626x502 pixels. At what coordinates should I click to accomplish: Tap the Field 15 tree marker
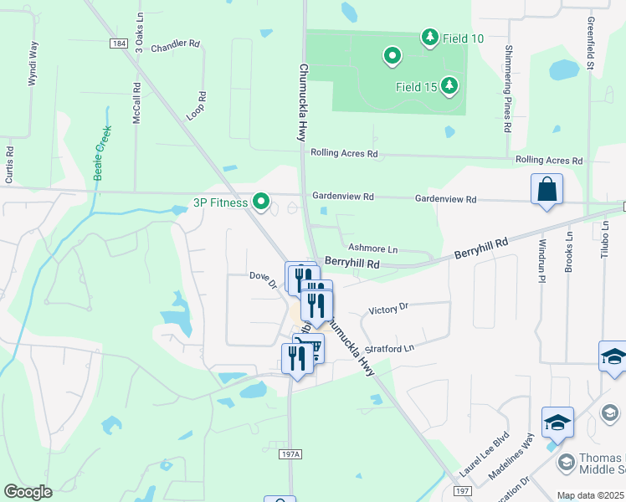point(449,85)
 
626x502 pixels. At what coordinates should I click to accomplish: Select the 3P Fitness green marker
point(261,202)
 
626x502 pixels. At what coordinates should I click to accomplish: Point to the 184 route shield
point(119,43)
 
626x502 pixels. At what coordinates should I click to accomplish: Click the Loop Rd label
point(196,106)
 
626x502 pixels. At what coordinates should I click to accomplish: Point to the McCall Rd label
point(137,103)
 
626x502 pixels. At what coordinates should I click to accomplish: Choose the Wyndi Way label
point(33,63)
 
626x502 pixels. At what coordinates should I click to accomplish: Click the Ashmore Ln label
point(372,249)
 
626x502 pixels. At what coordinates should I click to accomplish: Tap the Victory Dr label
point(387,309)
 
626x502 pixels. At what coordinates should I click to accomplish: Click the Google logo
point(28,491)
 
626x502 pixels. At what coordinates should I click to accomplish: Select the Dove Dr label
point(263,279)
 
